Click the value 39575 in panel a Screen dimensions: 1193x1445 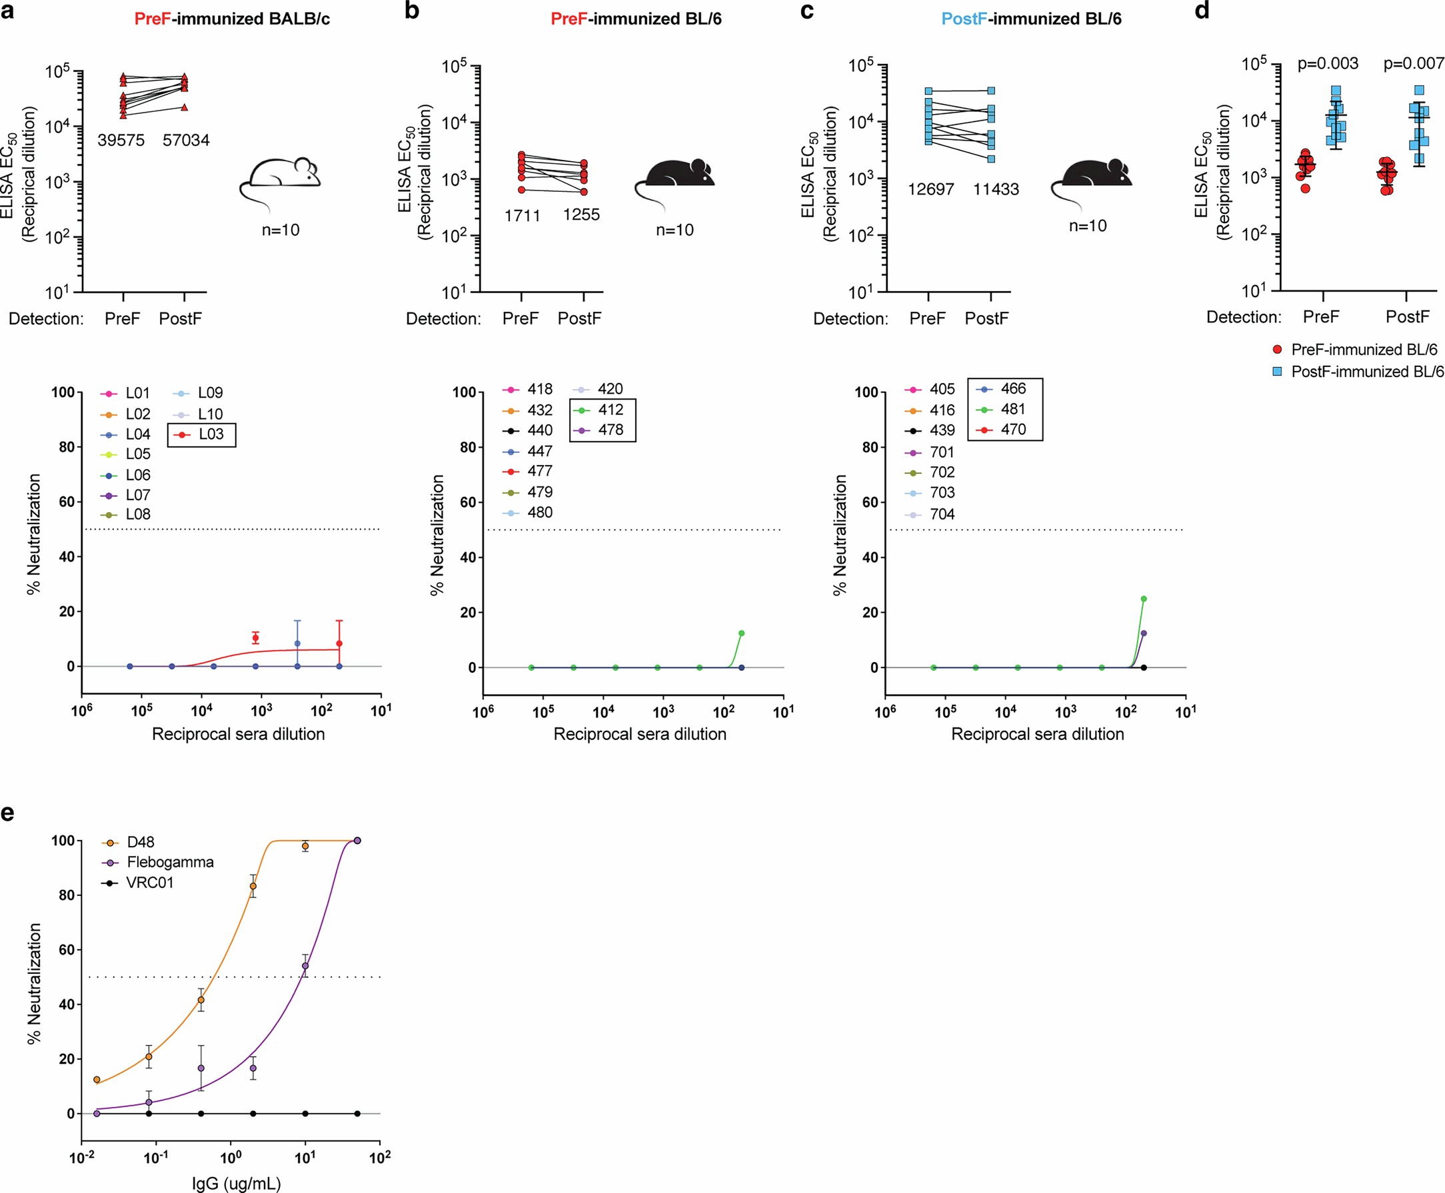[x=121, y=140]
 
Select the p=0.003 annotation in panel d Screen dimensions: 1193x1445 [x=1328, y=64]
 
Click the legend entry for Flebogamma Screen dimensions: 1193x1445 [x=170, y=862]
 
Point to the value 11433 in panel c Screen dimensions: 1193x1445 [x=995, y=189]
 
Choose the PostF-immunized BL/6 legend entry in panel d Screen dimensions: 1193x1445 [x=1367, y=372]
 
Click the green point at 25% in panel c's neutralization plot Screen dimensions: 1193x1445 [x=1144, y=599]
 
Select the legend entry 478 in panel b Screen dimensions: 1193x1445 [x=610, y=430]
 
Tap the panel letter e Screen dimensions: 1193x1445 [x=7, y=813]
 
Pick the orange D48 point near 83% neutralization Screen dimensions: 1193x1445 [x=253, y=886]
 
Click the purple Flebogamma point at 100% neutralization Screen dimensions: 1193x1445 [x=357, y=841]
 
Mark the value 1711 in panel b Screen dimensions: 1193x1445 [x=522, y=216]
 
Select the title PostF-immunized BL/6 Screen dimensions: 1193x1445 [x=1031, y=19]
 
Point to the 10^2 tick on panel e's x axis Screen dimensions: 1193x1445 [x=379, y=1158]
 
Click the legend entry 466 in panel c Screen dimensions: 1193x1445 [x=1012, y=388]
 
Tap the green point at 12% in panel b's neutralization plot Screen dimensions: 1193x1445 [x=741, y=633]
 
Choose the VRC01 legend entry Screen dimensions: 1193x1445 [x=150, y=883]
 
